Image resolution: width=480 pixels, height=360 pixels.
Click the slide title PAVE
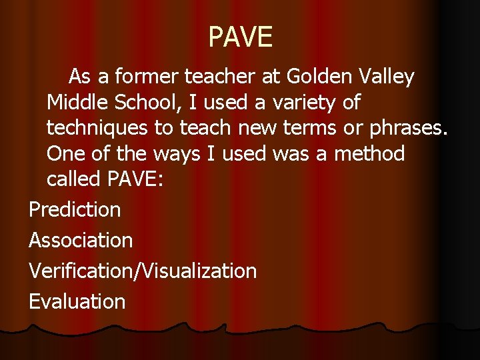click(240, 37)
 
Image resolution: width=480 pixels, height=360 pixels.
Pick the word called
click(73, 180)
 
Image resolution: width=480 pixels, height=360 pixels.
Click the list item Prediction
click(75, 210)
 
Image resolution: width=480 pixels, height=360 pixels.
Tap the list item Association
click(81, 240)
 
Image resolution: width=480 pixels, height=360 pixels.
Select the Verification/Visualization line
click(143, 271)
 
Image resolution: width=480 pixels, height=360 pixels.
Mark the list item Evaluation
click(77, 301)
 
